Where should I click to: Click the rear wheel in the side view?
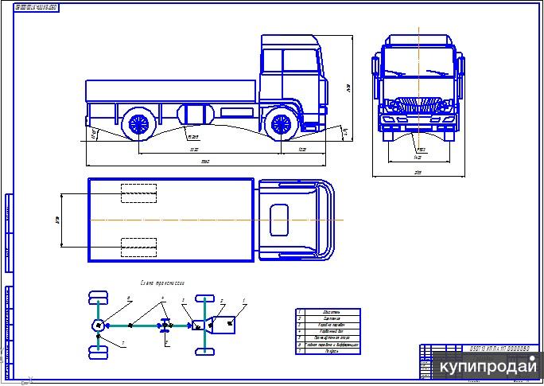(138, 123)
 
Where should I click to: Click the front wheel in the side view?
(280, 123)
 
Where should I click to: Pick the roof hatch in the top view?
(279, 219)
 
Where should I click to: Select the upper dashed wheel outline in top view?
(138, 193)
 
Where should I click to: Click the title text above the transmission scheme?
(164, 283)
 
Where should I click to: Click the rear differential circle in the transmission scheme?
(98, 325)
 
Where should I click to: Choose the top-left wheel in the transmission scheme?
(98, 298)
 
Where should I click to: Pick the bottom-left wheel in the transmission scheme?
(98, 353)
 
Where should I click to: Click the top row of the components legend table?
(328, 312)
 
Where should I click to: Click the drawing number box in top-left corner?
(37, 6)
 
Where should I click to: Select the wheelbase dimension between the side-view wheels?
(208, 150)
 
